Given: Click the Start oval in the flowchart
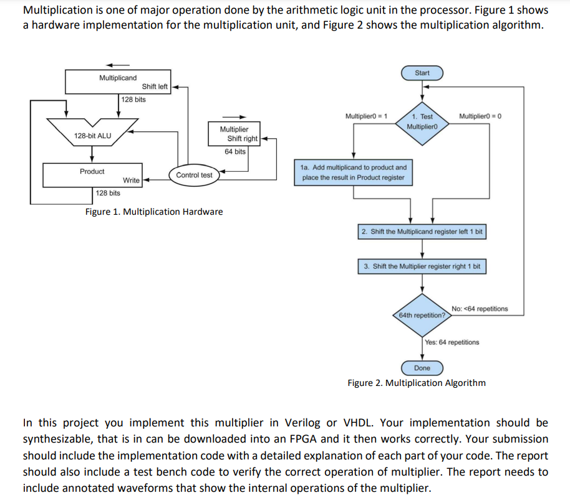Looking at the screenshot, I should tap(422, 73).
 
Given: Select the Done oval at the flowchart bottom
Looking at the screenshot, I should tap(422, 368).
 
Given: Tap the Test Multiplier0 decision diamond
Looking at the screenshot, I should tap(422, 121).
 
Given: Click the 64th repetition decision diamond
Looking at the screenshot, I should tap(422, 314).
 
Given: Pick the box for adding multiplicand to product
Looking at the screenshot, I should tap(354, 172).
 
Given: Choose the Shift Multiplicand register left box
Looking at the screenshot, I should tap(422, 232).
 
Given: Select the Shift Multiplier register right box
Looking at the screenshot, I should tap(422, 266).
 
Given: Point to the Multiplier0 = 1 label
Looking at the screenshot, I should tap(366, 116).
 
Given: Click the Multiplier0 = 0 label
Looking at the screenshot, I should tap(480, 116).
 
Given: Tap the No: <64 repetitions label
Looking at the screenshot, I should tap(479, 309).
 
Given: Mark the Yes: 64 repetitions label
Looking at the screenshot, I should tap(452, 342).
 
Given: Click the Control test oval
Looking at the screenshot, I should tap(194, 175).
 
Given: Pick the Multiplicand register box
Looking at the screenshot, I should tap(118, 81).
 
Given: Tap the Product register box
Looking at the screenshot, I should tap(92, 175).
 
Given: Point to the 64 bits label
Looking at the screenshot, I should tap(235, 151).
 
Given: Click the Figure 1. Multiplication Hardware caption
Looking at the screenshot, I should tap(153, 212).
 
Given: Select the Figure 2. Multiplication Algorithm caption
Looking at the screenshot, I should tap(416, 383).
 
